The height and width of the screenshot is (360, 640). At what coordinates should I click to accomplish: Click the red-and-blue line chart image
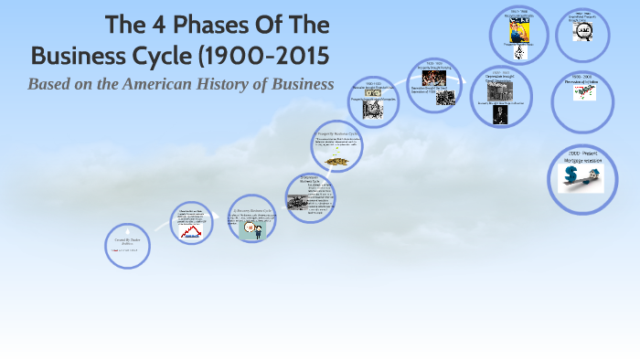click(192, 232)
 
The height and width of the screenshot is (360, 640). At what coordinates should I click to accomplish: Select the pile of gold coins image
click(336, 162)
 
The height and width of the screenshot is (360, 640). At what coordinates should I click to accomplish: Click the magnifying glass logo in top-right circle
click(582, 33)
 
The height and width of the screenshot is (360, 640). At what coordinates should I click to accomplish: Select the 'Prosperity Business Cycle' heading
click(336, 133)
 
